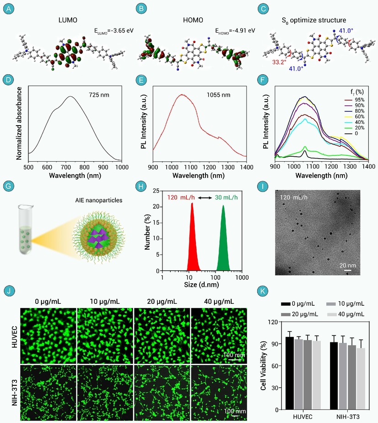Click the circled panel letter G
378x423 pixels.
click(x=9, y=186)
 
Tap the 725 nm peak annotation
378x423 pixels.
click(x=99, y=95)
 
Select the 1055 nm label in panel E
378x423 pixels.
click(x=218, y=95)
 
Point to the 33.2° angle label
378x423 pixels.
click(x=279, y=62)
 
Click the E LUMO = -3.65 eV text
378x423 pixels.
click(x=113, y=31)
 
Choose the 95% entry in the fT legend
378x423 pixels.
click(x=355, y=100)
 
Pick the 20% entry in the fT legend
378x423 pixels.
click(x=355, y=128)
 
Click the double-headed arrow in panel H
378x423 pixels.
click(x=205, y=198)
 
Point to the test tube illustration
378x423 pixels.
click(x=26, y=230)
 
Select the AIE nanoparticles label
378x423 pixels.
click(x=98, y=200)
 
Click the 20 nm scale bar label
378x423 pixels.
click(x=347, y=265)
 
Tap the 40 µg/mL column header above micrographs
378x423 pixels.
click(x=219, y=302)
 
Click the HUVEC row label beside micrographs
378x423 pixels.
click(x=15, y=337)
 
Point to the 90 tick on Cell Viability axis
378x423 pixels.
click(x=275, y=344)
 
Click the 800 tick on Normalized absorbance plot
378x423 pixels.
click(x=84, y=167)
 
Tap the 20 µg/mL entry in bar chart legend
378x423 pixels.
click(x=299, y=314)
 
